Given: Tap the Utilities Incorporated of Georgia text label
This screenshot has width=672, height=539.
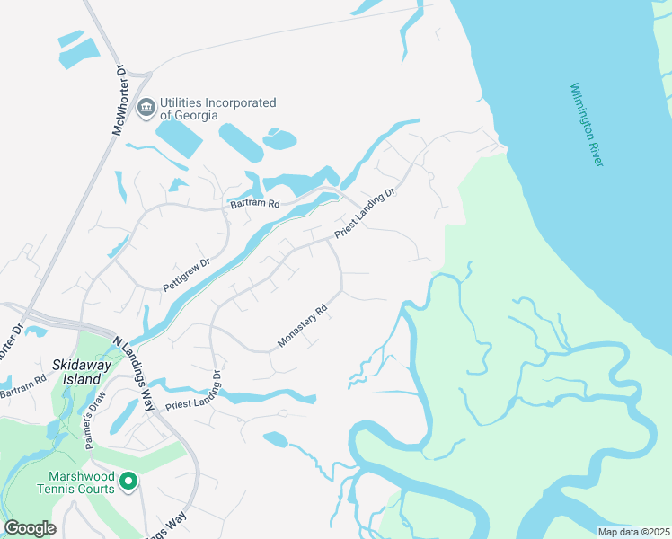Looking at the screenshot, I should click(217, 109).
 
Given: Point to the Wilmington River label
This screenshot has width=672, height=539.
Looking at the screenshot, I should click(588, 124).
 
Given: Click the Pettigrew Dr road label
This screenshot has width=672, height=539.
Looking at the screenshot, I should click(186, 274).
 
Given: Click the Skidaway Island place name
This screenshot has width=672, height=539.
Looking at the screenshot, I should click(79, 372).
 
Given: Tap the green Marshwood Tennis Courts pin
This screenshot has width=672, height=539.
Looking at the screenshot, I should click(128, 482).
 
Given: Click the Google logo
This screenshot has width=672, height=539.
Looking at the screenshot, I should click(30, 528).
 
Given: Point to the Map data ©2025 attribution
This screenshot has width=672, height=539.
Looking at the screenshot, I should click(633, 532).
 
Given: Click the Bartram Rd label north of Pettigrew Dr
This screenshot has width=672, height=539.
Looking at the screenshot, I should click(255, 204).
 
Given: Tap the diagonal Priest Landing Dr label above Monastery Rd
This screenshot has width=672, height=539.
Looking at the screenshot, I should click(366, 213).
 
